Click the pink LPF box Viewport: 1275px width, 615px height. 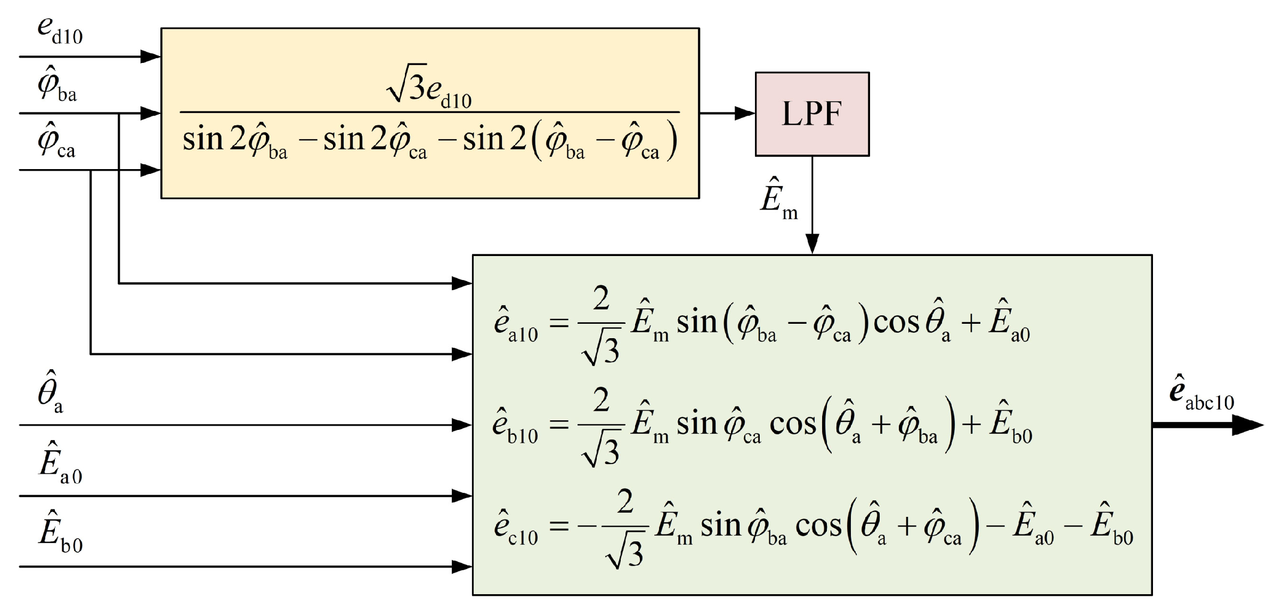pos(811,114)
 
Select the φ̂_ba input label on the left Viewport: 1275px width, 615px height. pos(56,85)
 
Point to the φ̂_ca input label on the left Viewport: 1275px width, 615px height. pos(56,141)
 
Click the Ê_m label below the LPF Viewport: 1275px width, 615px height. pos(778,201)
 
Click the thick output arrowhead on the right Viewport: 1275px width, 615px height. pos(1248,425)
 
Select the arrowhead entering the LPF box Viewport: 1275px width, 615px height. pos(745,113)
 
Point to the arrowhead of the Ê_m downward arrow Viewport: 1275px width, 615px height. pos(812,244)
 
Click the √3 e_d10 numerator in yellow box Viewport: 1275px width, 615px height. pos(429,85)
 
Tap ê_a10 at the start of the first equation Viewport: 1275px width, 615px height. pos(515,323)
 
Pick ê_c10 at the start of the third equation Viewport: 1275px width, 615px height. pos(515,527)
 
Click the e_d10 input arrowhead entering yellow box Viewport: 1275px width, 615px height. pos(150,56)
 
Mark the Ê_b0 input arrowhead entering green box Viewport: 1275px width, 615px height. pos(461,566)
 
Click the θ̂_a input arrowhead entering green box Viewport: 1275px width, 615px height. pos(461,425)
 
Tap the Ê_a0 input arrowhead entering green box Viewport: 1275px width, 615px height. pos(461,496)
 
